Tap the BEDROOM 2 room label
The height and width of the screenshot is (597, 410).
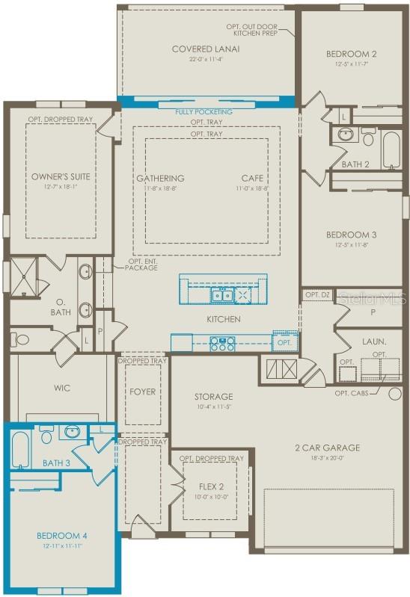[x=350, y=54]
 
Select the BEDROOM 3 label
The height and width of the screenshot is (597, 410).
[x=351, y=235]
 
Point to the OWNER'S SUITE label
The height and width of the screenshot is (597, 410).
[x=61, y=177]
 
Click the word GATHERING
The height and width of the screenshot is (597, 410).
[x=160, y=179]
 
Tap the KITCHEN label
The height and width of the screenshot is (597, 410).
[x=224, y=319]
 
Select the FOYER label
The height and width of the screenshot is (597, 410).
[x=142, y=391]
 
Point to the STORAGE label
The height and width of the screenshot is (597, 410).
[x=214, y=397]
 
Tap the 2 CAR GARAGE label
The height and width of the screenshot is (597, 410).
[x=326, y=448]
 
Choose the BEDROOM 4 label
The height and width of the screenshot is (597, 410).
[x=61, y=536]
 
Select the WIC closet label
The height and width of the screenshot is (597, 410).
[x=61, y=389]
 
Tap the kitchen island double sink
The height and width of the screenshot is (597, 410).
[x=221, y=296]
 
